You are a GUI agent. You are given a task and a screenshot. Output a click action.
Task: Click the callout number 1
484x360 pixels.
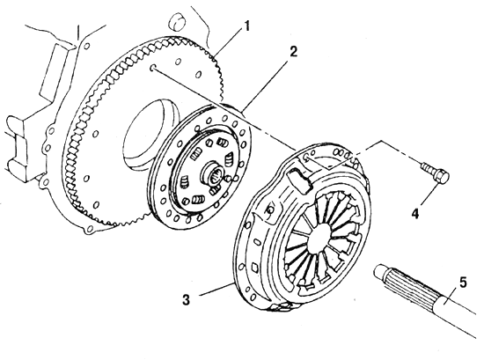coord(246,27)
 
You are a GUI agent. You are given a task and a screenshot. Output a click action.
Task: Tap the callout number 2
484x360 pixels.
coord(294,52)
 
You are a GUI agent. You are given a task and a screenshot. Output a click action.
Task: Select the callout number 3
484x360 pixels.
coord(187,299)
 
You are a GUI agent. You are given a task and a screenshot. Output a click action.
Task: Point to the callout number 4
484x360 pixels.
coord(415,214)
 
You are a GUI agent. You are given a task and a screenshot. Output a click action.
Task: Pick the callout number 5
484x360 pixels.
coord(463,283)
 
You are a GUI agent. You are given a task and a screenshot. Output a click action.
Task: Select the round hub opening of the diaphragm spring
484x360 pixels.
coord(323,239)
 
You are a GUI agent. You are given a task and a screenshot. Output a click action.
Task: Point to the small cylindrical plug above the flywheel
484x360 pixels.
coord(177,21)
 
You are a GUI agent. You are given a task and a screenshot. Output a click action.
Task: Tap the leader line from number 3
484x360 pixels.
coord(217,289)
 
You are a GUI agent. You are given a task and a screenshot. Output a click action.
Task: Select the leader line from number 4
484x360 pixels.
coord(429,194)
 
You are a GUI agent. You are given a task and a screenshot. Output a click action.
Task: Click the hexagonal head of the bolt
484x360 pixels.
coord(442,177)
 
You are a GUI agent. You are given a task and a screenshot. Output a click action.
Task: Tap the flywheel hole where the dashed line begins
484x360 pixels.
coord(153,68)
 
